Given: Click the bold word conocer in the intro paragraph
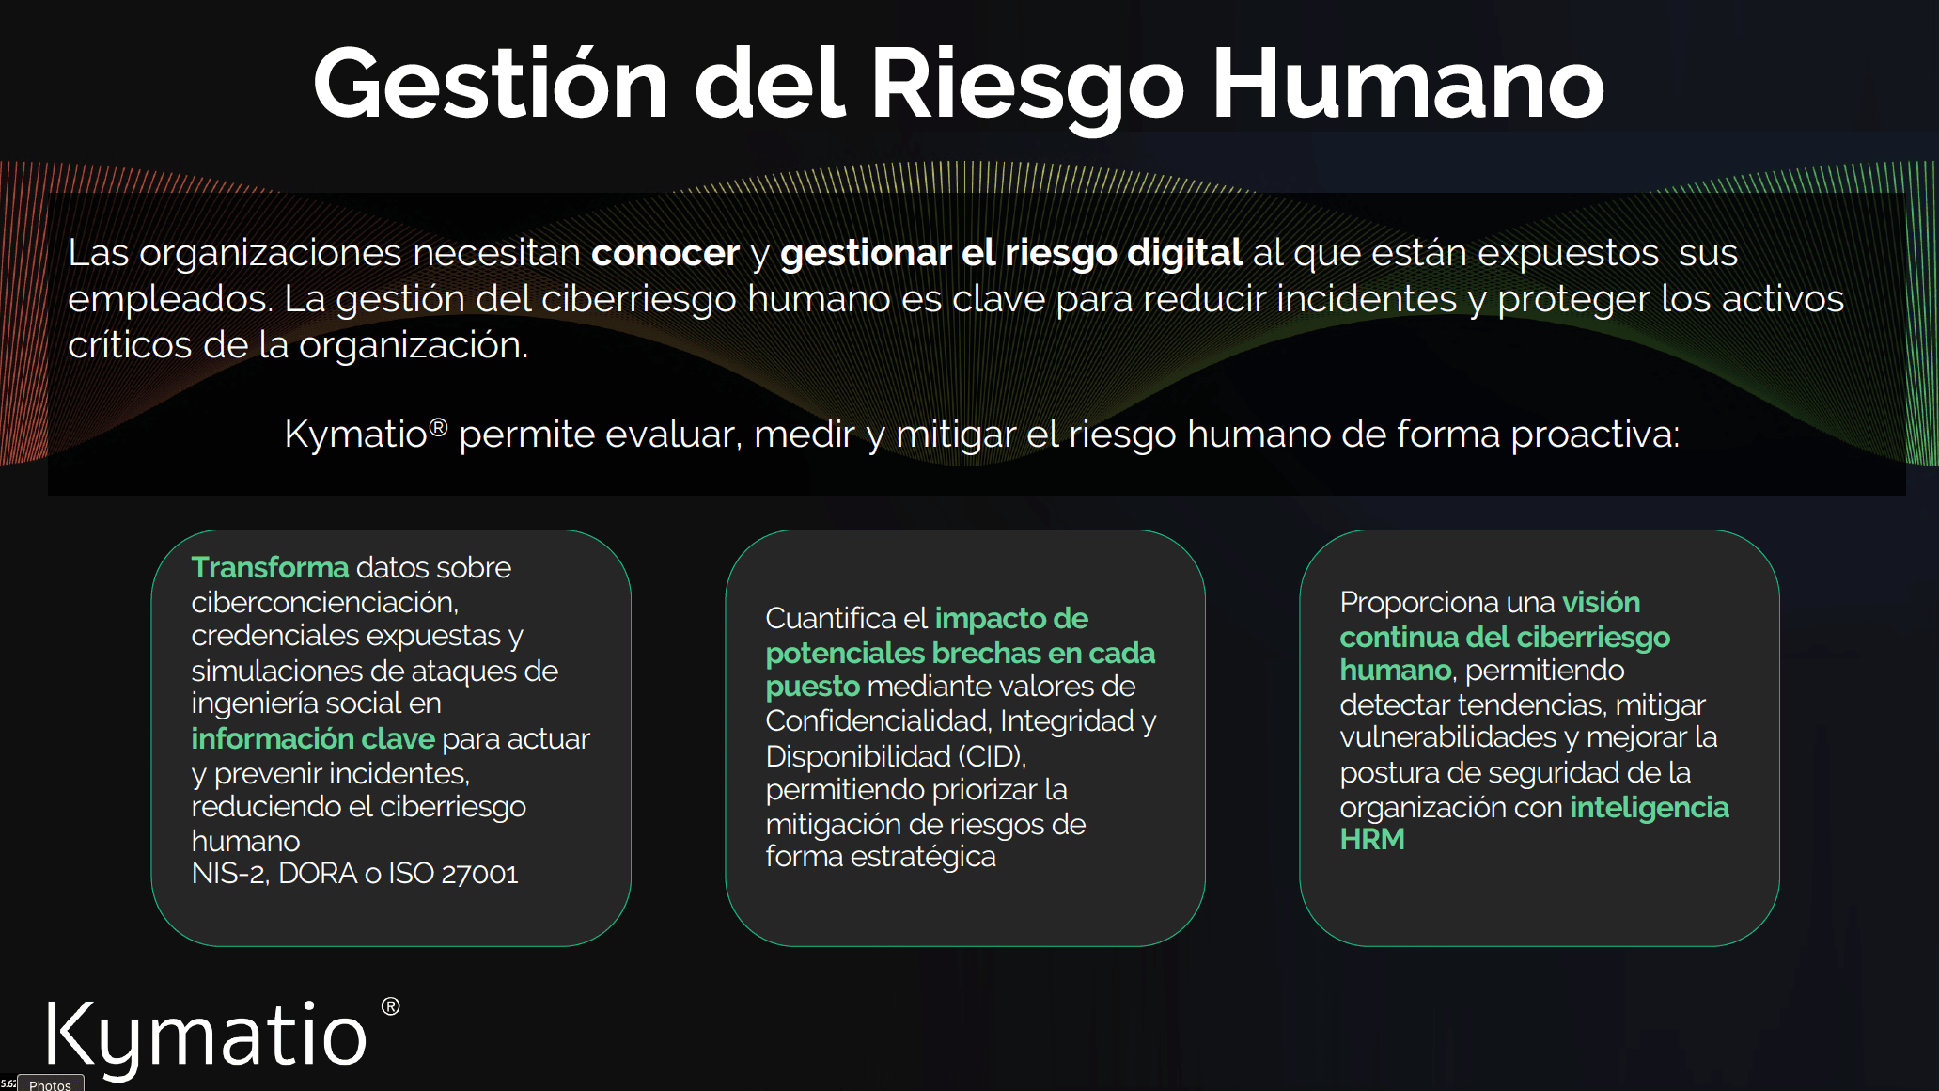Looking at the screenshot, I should point(665,253).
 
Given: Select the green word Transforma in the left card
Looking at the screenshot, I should point(270,568).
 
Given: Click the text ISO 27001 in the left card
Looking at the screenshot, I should point(453,874).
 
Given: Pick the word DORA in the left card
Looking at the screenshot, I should point(317,874).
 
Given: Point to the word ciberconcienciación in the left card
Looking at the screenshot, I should point(323,602).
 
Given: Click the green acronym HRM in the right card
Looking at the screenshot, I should point(1371,840).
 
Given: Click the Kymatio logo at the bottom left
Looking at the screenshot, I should point(207,1035).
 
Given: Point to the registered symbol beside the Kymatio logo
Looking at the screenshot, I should point(390,1006).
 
